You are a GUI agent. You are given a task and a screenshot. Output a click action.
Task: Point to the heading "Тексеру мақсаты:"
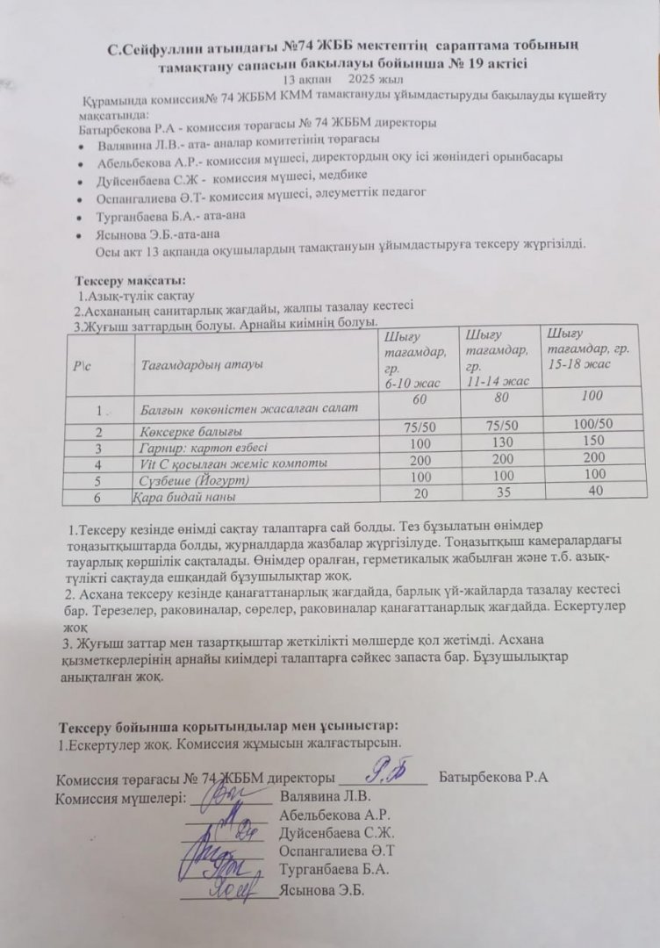[x=130, y=280]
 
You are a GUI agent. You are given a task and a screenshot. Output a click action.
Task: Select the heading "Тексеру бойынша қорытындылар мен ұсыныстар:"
[x=227, y=726]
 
